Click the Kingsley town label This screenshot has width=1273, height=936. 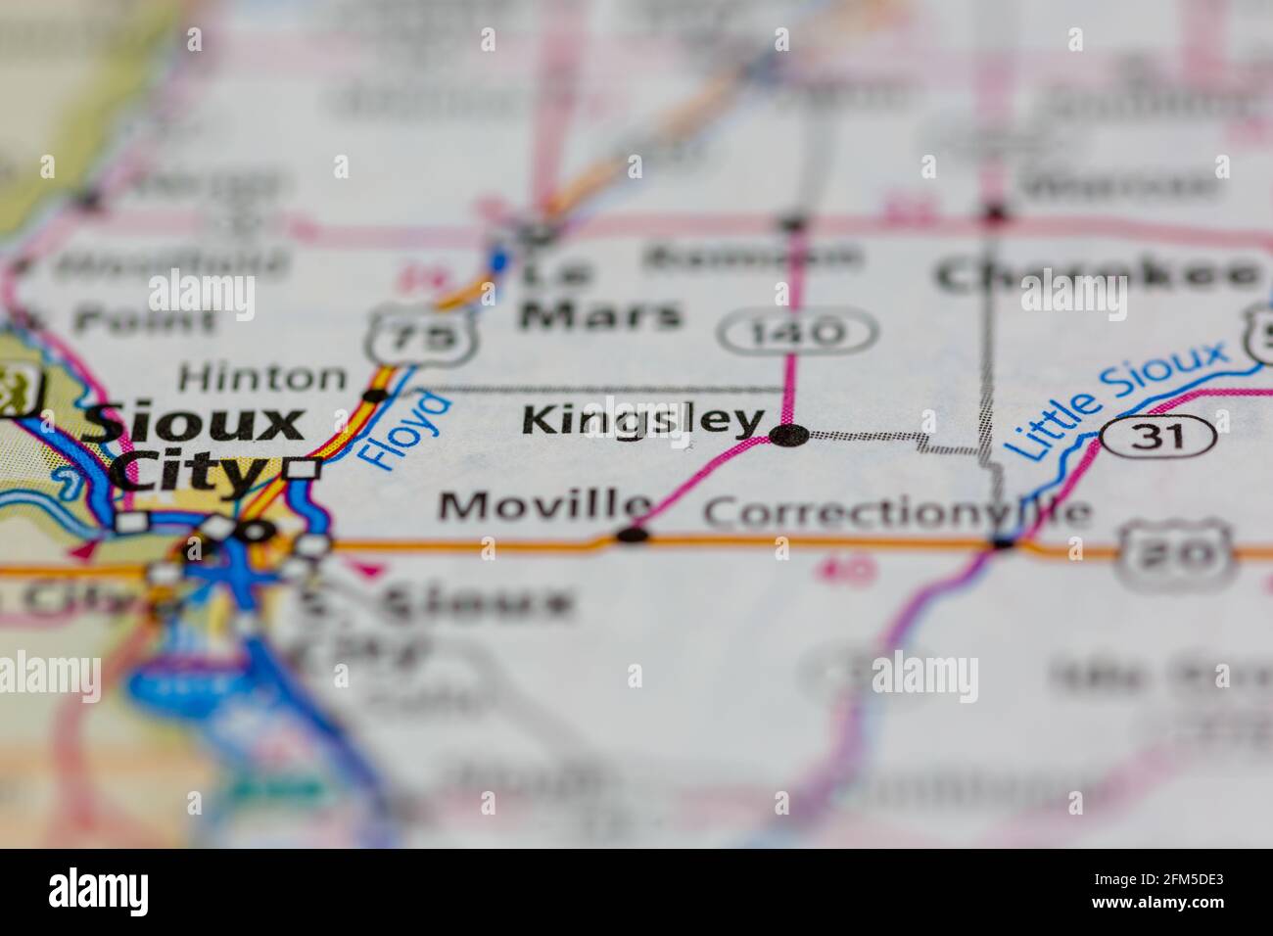click(x=642, y=421)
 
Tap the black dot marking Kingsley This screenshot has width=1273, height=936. click(x=789, y=435)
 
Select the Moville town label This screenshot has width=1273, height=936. click(x=544, y=506)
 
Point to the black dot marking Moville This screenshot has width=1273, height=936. click(x=633, y=535)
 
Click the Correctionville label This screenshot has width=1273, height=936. click(x=896, y=512)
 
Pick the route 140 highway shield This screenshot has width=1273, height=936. click(x=797, y=333)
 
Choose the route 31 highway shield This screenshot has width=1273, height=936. click(x=1157, y=434)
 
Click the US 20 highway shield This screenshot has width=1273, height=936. click(x=1174, y=554)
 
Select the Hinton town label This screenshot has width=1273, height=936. click(x=262, y=377)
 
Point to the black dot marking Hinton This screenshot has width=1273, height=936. click(x=375, y=396)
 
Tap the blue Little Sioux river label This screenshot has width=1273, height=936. click(x=1116, y=399)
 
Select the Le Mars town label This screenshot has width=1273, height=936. click(x=598, y=295)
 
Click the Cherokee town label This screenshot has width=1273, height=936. click(x=1097, y=274)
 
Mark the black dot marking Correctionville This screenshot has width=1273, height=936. click(x=1003, y=541)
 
